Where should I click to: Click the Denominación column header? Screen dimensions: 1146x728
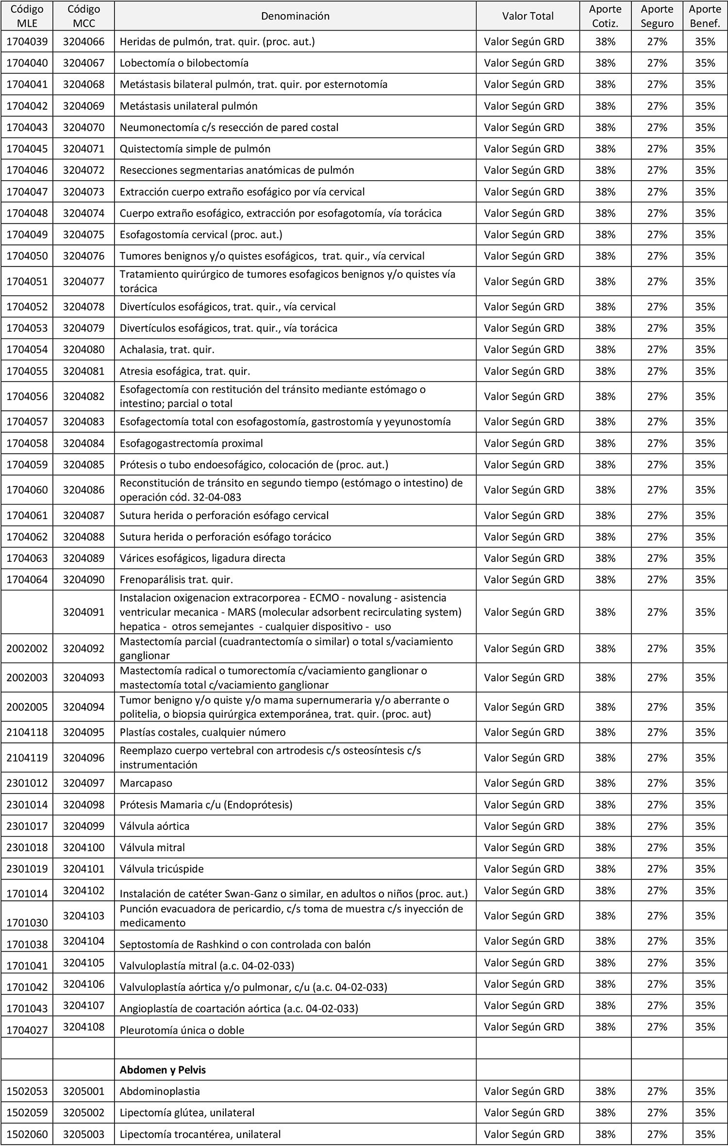point(295,16)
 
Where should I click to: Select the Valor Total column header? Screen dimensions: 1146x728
point(528,16)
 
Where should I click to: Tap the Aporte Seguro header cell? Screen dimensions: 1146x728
point(657,16)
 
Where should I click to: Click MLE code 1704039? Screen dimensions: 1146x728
point(27,42)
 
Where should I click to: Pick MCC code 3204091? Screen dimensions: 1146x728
point(83,612)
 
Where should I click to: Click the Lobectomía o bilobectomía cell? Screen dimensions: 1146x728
point(184,63)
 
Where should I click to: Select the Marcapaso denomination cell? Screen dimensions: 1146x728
point(146,783)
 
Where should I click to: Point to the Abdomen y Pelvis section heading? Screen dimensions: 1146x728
point(163,1069)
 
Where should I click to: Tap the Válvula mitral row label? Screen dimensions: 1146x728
point(152,847)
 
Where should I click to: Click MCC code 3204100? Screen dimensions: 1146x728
point(83,847)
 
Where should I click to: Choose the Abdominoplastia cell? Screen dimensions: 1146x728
point(160,1091)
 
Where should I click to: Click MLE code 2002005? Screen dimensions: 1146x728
point(27,707)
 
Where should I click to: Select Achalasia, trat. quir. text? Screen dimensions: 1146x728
point(167,350)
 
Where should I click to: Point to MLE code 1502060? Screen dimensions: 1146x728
point(27,1134)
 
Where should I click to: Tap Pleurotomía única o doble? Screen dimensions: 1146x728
point(182,1030)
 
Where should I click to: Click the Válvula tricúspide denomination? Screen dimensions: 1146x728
point(162,869)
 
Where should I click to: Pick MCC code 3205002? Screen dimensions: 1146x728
point(83,1112)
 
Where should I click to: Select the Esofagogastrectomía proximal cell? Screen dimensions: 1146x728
point(191,443)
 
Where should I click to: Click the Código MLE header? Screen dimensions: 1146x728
point(27,16)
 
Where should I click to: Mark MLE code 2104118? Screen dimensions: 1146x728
point(27,732)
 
